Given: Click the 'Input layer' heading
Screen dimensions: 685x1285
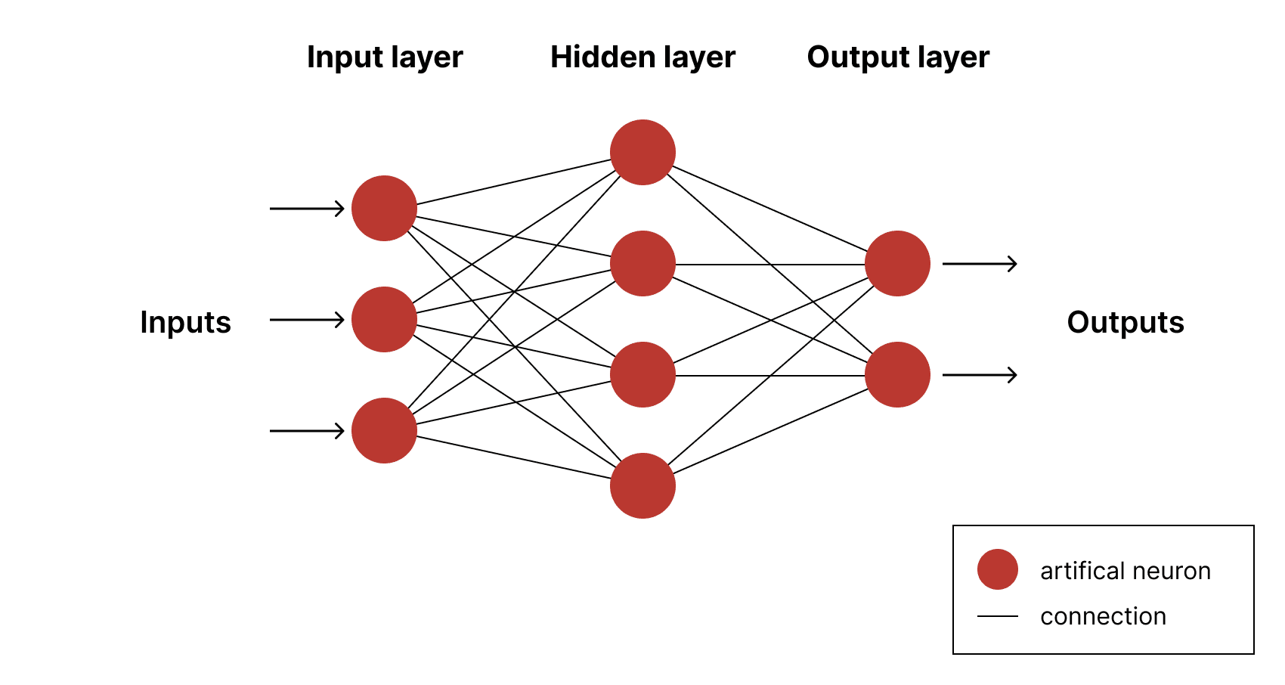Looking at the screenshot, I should coord(385,57).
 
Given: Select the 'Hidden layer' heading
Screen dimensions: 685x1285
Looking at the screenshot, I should coord(642,57).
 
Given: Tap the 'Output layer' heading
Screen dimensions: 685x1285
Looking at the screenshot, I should coord(898,57).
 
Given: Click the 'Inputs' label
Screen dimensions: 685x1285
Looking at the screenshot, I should coord(185,322).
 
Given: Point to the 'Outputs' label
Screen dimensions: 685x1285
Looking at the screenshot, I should coord(1126,322).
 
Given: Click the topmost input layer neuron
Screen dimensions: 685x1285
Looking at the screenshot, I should coord(384,208).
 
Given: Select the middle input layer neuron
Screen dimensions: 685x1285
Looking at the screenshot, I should coord(384,319).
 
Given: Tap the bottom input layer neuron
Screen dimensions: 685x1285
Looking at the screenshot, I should coord(384,430).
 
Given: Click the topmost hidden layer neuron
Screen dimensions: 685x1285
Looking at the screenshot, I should coord(642,152).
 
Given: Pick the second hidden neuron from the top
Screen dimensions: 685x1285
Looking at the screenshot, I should coord(642,263).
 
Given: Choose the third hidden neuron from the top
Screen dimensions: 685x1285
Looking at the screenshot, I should coord(642,374).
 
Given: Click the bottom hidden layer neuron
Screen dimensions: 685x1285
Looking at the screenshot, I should coord(642,485).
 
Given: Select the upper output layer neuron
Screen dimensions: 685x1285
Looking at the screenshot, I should coord(897,263).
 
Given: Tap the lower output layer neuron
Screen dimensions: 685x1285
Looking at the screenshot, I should coord(897,374).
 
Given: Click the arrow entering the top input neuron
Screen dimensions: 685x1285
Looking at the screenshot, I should coord(307,208).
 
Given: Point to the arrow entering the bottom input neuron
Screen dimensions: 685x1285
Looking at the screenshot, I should coord(307,431).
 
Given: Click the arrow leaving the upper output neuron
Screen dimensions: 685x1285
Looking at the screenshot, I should coord(980,264).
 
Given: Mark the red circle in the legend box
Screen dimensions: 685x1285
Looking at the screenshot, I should coord(997,569).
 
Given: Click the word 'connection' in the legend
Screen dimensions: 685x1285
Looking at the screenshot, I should coord(1103,617).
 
